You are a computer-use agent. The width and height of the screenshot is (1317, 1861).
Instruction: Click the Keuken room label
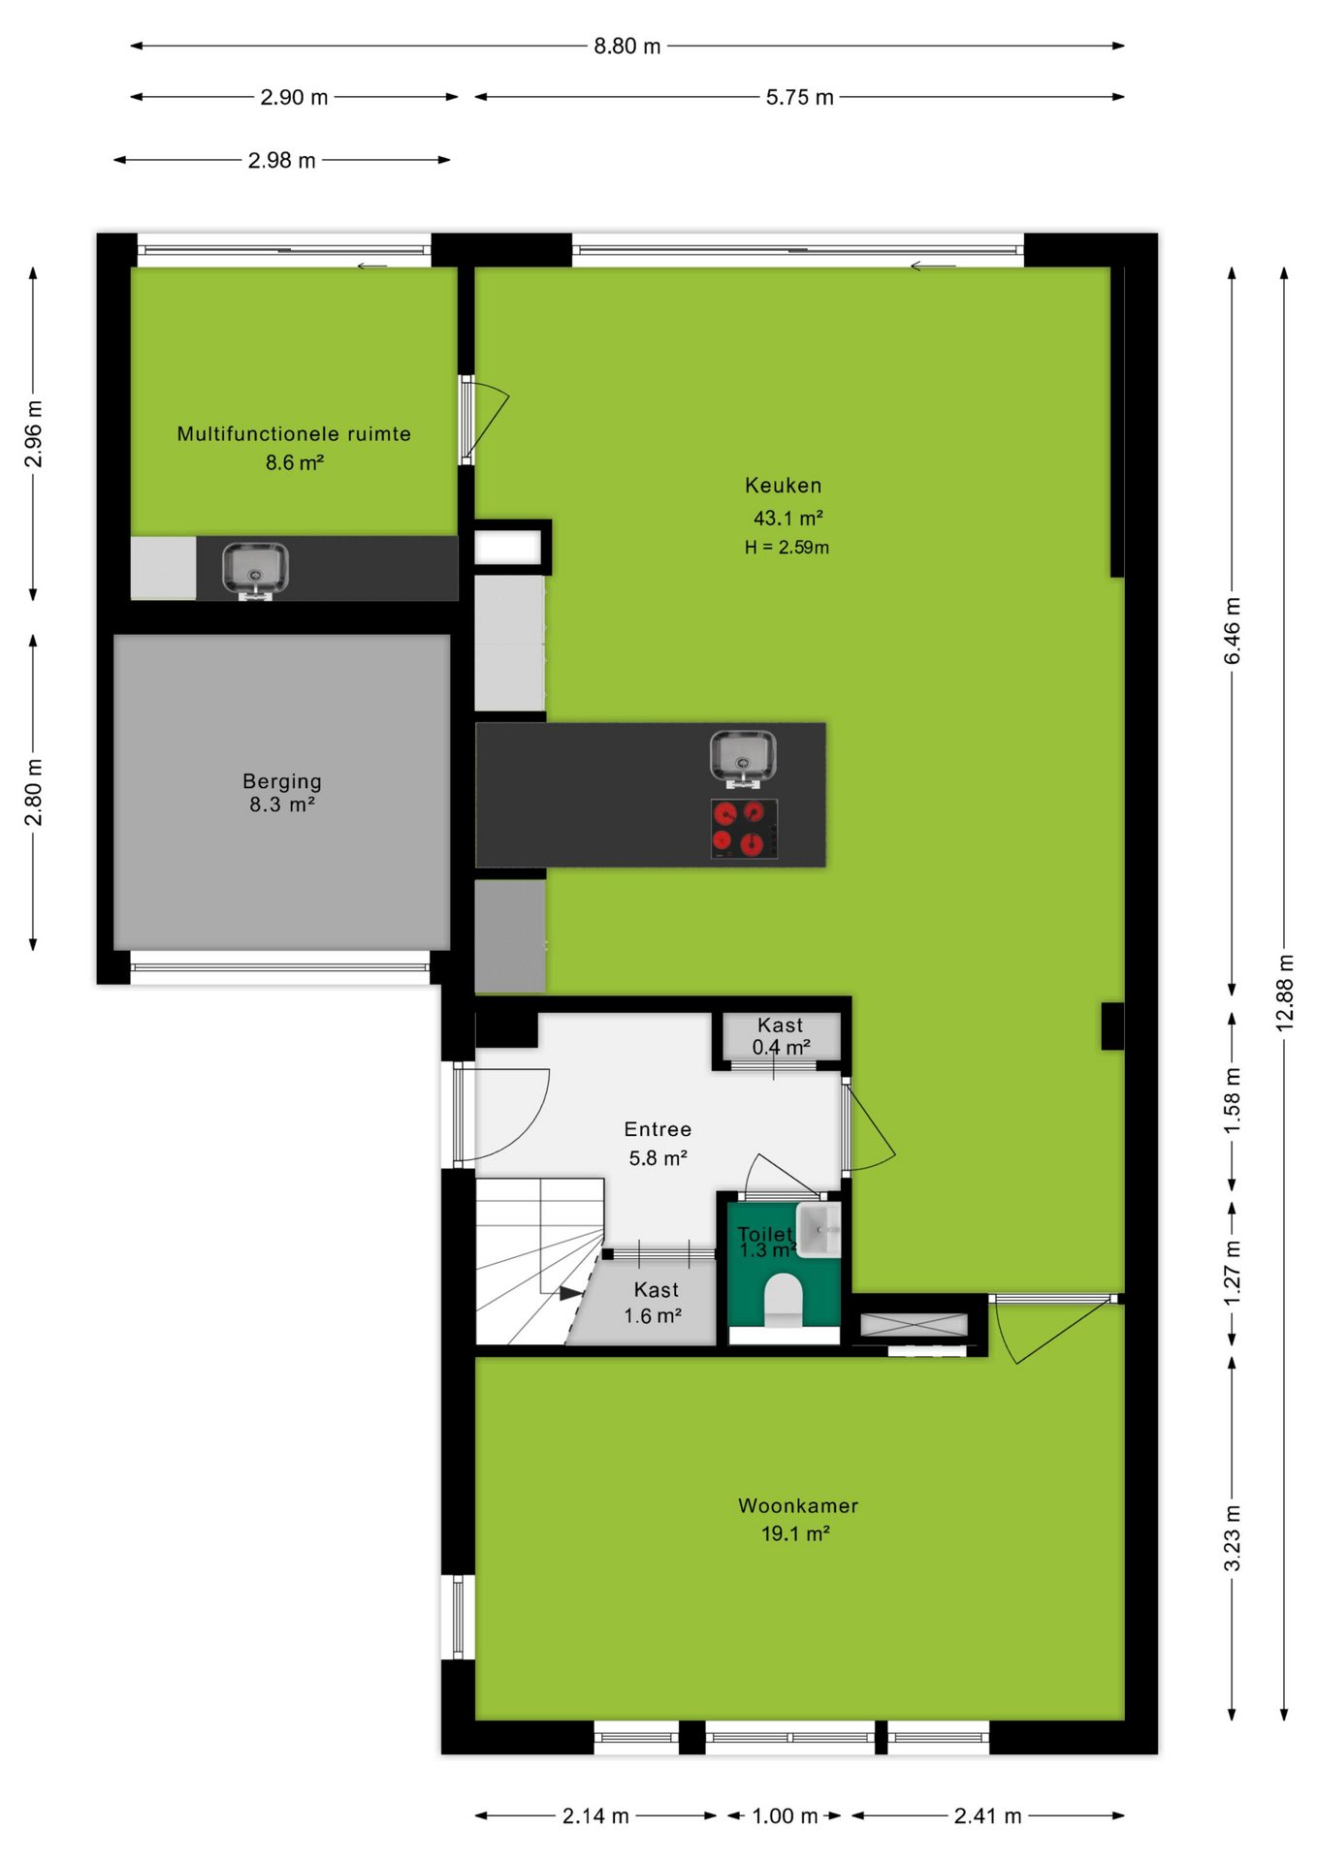tap(783, 486)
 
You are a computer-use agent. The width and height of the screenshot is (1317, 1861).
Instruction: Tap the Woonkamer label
tap(798, 1505)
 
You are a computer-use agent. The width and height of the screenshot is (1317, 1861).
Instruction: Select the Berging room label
tap(282, 781)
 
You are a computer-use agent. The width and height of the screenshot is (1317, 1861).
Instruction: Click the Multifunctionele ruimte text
tap(294, 434)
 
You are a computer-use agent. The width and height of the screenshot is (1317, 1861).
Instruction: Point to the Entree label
tap(658, 1129)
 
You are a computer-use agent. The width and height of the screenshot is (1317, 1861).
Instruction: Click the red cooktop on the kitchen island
tap(745, 829)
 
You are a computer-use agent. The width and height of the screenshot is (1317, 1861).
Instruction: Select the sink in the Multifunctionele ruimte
tap(255, 571)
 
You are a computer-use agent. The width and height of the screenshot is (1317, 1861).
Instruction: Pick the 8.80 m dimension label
tap(627, 47)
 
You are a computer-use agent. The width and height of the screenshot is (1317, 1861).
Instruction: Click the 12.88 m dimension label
tap(1284, 993)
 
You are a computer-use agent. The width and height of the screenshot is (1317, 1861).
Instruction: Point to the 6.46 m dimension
tap(1232, 631)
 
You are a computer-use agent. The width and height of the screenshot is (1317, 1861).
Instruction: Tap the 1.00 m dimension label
tap(786, 1815)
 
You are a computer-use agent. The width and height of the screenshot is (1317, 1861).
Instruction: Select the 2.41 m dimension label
tap(987, 1815)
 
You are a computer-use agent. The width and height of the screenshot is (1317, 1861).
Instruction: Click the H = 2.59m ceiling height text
tap(787, 548)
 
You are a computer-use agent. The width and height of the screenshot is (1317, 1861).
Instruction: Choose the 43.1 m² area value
tap(788, 518)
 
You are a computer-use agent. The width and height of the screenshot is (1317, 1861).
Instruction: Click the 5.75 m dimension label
tap(800, 97)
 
